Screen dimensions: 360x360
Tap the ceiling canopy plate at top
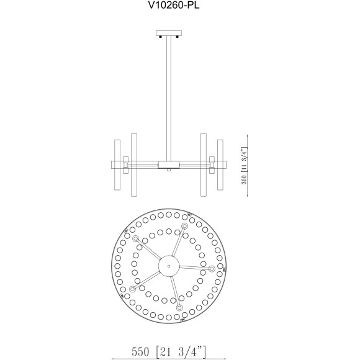click(168, 33)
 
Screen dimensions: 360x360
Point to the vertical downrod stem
click(168, 93)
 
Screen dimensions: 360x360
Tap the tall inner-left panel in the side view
click(133, 165)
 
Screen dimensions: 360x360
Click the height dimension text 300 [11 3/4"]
click(246, 166)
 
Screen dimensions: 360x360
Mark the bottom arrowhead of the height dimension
click(249, 195)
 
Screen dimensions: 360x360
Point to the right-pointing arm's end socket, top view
click(212, 269)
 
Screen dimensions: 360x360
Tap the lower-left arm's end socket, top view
click(132, 289)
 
